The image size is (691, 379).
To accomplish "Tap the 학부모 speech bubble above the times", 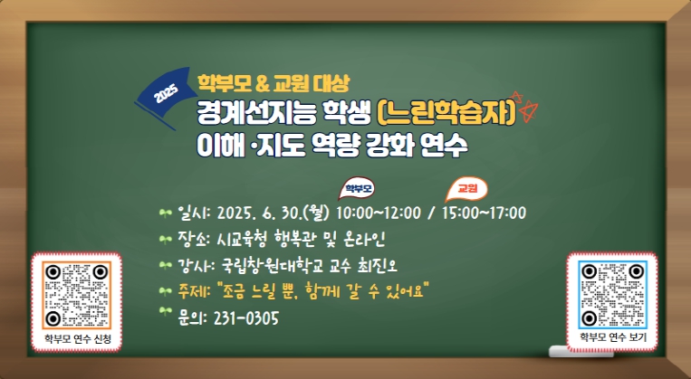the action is coord(357,188).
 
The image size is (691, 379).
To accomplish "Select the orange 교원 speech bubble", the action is coord(466,189).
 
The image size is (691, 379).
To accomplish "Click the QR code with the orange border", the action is coord(77,296).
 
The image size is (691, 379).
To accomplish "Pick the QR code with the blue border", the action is coord(612,295).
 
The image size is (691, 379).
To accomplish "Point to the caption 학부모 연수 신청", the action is coord(78,339).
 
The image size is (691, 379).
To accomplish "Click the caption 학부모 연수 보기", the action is coord(612,337).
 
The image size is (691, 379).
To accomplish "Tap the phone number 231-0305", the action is coord(246,317).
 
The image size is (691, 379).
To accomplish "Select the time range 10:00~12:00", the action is coord(379,213).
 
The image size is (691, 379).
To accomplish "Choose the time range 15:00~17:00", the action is coord(484,213).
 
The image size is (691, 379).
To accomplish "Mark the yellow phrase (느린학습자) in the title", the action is coord(446,115).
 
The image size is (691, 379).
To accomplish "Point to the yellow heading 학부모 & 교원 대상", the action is coord(274,83).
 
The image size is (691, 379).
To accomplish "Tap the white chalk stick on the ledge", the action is coord(581,351).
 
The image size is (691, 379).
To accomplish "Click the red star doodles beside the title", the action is coord(524,106).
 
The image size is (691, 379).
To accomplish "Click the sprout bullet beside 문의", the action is coord(165,312).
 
